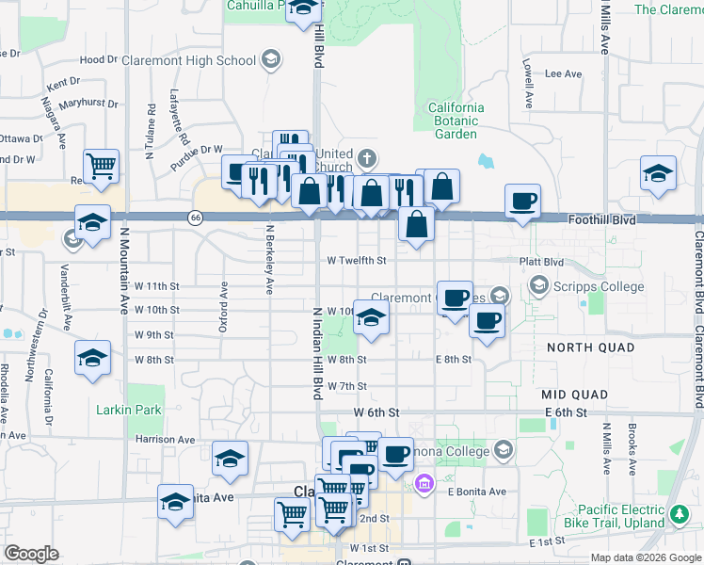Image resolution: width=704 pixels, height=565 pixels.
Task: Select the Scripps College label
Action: pos(599,286)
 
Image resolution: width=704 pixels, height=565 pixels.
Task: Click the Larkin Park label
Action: pos(129,410)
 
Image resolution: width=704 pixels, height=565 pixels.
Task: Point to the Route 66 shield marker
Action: pos(195,218)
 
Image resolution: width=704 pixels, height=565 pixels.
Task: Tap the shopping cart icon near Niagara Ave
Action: pos(101,167)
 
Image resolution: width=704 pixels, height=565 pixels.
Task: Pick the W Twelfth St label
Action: pos(357,260)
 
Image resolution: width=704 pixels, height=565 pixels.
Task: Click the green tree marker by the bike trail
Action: pos(680,515)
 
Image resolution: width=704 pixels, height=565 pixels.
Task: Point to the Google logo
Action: pos(31,553)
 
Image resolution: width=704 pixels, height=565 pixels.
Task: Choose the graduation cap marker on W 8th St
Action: pos(92,358)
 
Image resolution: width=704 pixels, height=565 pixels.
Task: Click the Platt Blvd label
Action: pos(542,262)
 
